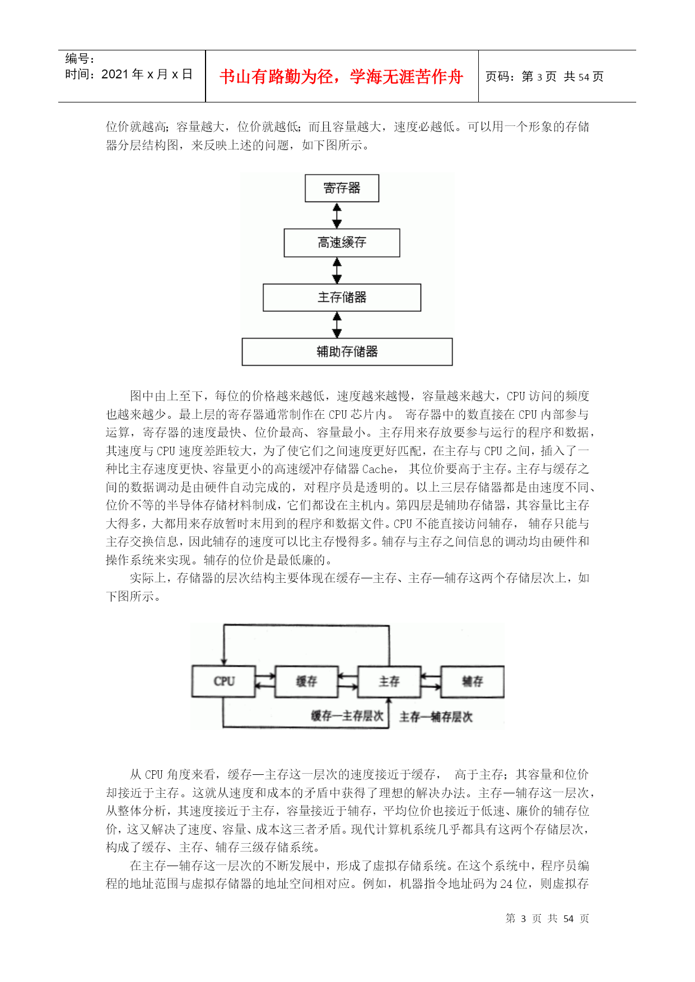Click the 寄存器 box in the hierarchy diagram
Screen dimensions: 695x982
click(342, 188)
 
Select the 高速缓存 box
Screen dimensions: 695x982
click(342, 242)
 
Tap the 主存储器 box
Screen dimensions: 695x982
click(342, 297)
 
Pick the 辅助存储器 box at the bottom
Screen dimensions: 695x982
click(347, 352)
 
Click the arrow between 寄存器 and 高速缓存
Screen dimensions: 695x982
click(337, 216)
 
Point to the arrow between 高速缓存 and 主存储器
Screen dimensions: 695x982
click(337, 270)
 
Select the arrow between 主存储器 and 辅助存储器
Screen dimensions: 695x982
click(337, 325)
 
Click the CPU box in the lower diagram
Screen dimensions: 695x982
click(224, 681)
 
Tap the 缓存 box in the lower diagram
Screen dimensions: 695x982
click(306, 681)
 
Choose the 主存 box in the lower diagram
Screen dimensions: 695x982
click(389, 681)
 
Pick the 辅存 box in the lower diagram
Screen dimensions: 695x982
click(472, 681)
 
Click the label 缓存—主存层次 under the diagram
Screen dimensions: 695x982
click(347, 716)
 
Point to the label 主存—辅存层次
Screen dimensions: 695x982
click(436, 717)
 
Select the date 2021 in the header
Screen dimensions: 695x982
click(115, 74)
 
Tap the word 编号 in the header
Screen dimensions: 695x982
click(77, 59)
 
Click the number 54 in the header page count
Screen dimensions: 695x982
click(584, 77)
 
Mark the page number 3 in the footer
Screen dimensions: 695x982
click(523, 919)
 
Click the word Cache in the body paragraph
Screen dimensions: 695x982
click(377, 469)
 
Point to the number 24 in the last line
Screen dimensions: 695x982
click(506, 884)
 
